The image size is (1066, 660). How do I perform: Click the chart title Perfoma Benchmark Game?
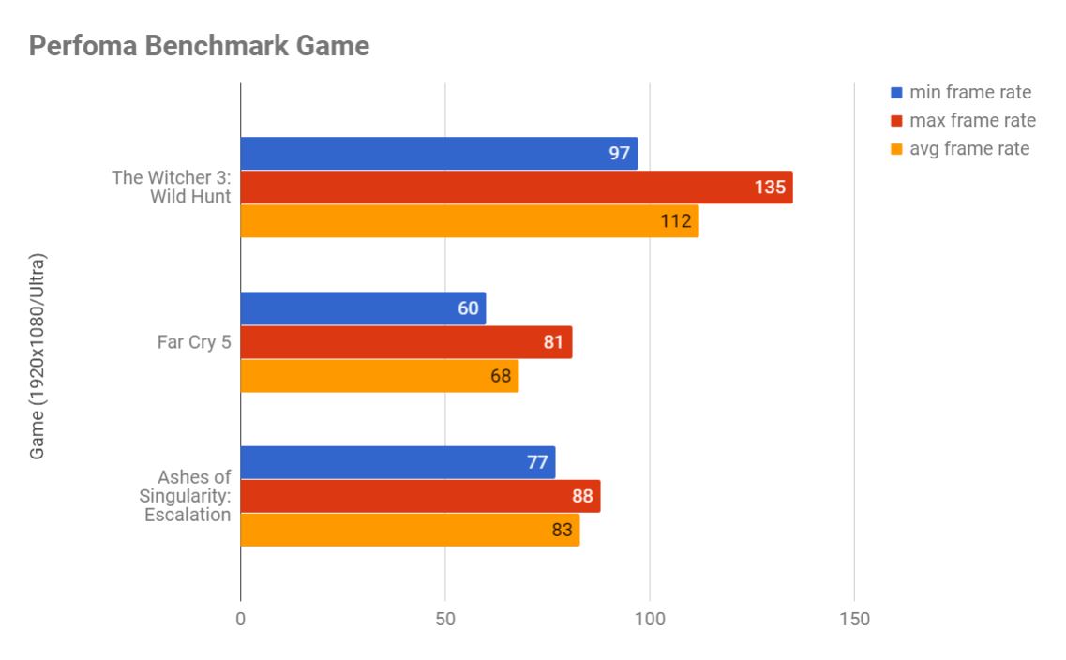[x=199, y=45]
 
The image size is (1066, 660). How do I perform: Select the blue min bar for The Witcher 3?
[x=439, y=154]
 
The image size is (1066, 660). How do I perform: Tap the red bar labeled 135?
[x=516, y=187]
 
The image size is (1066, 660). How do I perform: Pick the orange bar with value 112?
[x=469, y=221]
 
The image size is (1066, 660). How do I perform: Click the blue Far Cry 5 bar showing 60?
[x=363, y=308]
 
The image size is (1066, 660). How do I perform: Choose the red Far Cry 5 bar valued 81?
[x=406, y=342]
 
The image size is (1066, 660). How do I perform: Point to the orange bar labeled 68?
[x=379, y=376]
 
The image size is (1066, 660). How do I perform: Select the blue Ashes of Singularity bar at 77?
[x=398, y=462]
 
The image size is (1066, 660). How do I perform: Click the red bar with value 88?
[x=420, y=496]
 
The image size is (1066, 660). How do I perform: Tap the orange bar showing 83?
[x=410, y=530]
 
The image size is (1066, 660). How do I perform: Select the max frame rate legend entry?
[x=972, y=120]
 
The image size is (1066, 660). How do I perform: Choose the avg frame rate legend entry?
[x=968, y=148]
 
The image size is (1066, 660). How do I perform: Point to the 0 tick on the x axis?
[x=241, y=620]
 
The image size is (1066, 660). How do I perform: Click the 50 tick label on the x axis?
[x=445, y=620]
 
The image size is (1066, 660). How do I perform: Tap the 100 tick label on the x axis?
[x=650, y=620]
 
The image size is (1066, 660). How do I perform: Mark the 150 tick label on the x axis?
[x=854, y=620]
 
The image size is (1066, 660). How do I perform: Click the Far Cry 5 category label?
[x=193, y=342]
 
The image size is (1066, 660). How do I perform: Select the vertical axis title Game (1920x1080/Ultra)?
[x=38, y=355]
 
